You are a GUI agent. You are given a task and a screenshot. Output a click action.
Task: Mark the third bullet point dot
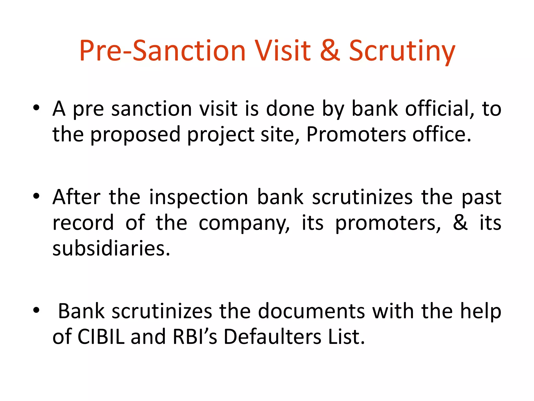[x=36, y=310]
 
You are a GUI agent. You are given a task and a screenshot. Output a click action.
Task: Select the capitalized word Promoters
[x=356, y=134]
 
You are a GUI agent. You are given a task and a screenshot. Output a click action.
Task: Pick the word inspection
[x=198, y=197]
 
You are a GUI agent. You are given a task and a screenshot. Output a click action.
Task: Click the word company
[x=244, y=223]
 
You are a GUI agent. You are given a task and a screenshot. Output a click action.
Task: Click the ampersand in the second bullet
[x=460, y=222]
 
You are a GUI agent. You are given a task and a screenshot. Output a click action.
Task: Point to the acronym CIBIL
[x=101, y=337]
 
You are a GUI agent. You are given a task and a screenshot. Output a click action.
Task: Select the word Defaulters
[x=272, y=337]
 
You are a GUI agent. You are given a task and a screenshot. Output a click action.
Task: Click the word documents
[x=311, y=311]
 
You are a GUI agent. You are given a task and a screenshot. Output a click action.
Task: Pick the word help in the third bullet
[x=481, y=311]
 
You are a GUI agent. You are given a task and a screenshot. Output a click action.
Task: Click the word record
[x=83, y=222]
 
